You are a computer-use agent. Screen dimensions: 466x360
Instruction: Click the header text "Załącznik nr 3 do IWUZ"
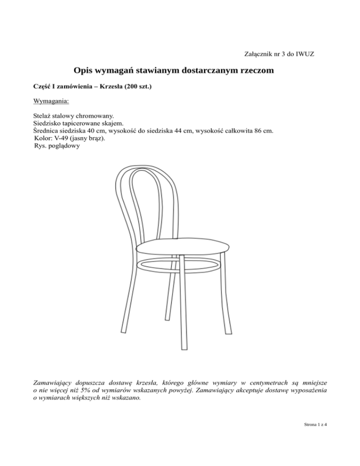click(279, 54)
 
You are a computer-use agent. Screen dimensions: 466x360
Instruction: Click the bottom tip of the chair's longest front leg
click(183, 348)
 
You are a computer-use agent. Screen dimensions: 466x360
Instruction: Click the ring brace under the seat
click(178, 267)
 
